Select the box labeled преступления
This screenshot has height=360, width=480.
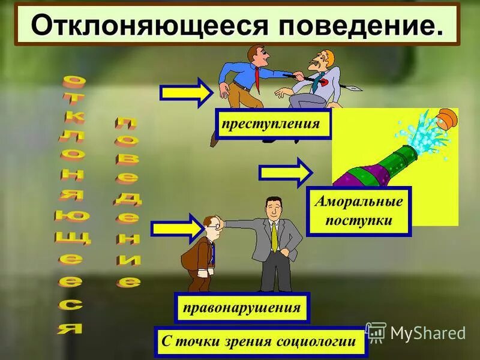pyautogui.click(x=273, y=125)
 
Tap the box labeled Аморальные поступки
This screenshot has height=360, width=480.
pyautogui.click(x=359, y=211)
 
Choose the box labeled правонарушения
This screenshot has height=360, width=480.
pyautogui.click(x=242, y=308)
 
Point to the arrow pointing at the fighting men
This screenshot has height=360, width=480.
pyautogui.click(x=185, y=93)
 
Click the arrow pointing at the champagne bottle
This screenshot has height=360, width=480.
pyautogui.click(x=286, y=172)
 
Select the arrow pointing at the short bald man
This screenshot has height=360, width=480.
pyautogui.click(x=178, y=229)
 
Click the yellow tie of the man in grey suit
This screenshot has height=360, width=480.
pyautogui.click(x=274, y=238)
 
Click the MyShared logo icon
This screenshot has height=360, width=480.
pyautogui.click(x=376, y=332)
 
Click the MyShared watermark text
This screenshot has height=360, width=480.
pyautogui.click(x=427, y=333)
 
